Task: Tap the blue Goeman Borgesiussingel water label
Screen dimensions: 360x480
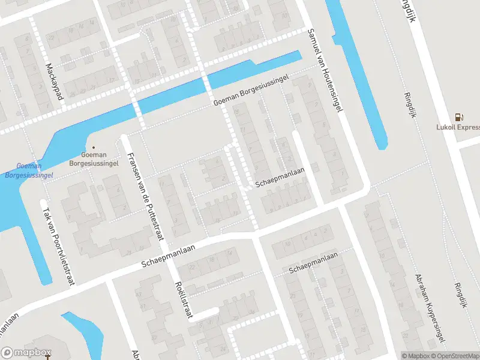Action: click(28, 170)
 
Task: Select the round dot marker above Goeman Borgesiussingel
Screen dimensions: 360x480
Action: click(93, 148)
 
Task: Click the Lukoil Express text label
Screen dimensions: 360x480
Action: click(458, 127)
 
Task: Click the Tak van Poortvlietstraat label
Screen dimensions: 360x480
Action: click(58, 246)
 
